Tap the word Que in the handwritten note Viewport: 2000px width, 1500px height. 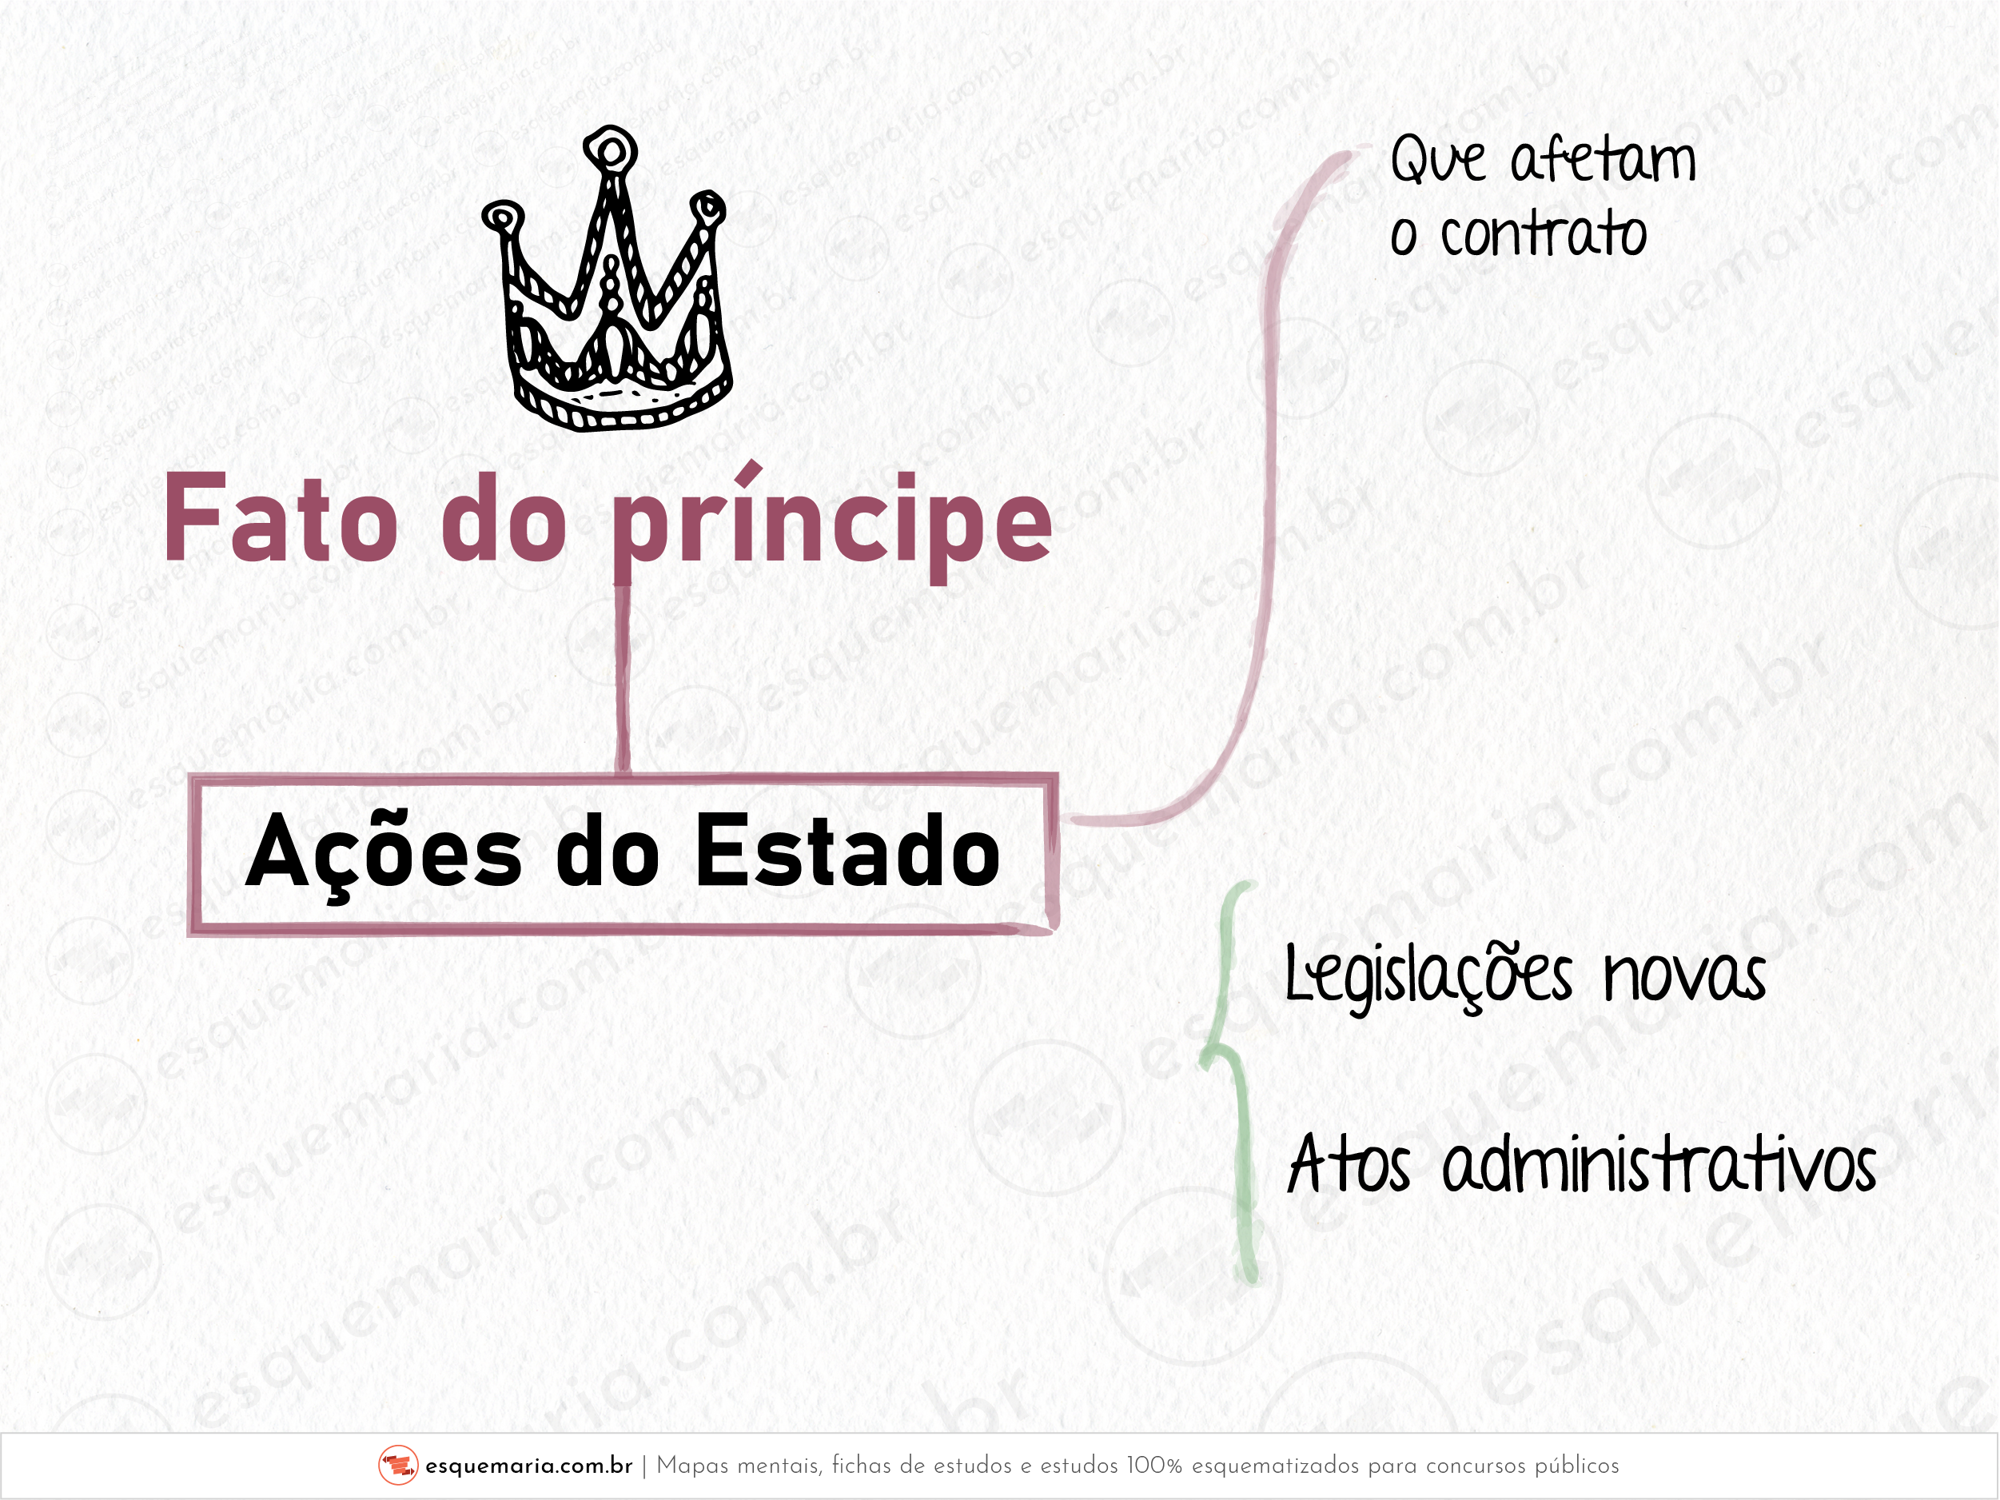point(1437,161)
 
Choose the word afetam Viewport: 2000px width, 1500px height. point(1603,161)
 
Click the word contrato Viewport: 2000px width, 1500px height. point(1544,235)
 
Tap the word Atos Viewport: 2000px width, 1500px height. point(1348,1164)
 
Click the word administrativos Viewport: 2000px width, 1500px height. point(1659,1164)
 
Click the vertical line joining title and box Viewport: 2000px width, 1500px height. point(622,678)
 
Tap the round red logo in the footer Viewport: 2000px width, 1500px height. point(398,1466)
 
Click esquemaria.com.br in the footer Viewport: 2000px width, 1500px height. point(529,1466)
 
